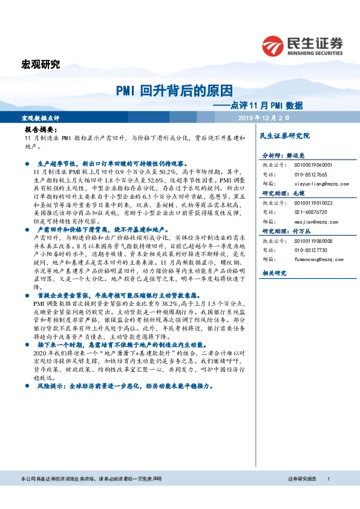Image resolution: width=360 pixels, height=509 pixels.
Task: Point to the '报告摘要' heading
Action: coord(41,130)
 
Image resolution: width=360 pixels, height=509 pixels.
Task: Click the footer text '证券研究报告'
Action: coord(302,496)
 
